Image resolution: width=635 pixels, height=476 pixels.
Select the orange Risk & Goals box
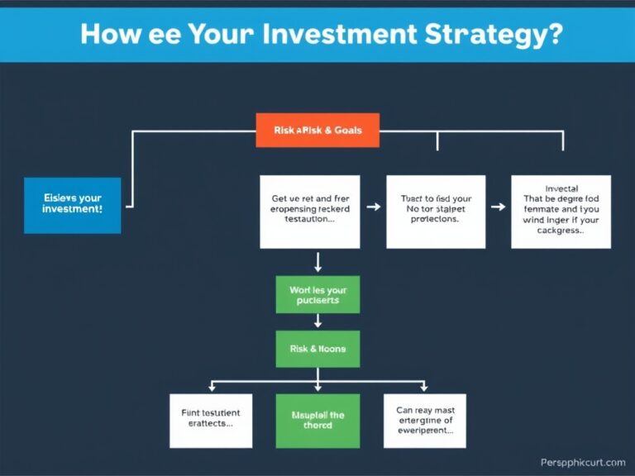point(317,130)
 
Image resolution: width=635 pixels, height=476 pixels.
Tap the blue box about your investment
point(72,205)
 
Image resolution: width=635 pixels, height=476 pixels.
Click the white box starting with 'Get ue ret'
point(310,212)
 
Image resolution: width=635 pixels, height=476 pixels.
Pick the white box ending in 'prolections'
point(435,212)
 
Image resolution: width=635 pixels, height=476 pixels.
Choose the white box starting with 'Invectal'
point(561,212)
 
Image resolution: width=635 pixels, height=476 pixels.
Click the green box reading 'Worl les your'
point(317,295)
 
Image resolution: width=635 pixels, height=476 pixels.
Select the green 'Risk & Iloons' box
point(317,349)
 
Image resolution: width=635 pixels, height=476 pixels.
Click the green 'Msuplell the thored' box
point(317,421)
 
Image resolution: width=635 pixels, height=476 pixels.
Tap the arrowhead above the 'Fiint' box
point(212,387)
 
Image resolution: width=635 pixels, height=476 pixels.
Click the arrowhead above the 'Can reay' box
point(424,387)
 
